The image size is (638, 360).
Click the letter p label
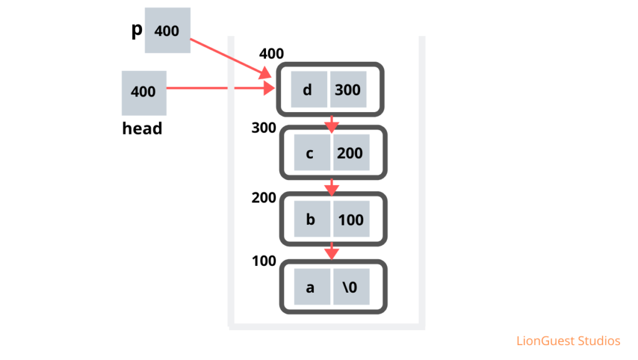136,30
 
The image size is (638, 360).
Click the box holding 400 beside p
167,31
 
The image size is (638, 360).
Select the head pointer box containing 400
143,92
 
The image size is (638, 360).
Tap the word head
142,128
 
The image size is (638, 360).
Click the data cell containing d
308,90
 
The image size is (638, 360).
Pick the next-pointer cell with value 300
348,90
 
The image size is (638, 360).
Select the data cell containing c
310,153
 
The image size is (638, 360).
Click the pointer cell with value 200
350,153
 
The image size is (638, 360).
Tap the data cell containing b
311,220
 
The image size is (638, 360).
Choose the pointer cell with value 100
351,220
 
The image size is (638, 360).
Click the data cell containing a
312,287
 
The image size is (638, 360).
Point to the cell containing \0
351,287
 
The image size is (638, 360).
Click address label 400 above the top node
272,54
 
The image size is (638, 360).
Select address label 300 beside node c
264,128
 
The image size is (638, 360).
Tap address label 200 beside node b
264,197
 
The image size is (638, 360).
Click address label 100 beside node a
264,260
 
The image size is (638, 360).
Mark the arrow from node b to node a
331,250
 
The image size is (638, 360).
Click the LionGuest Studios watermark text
568,341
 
